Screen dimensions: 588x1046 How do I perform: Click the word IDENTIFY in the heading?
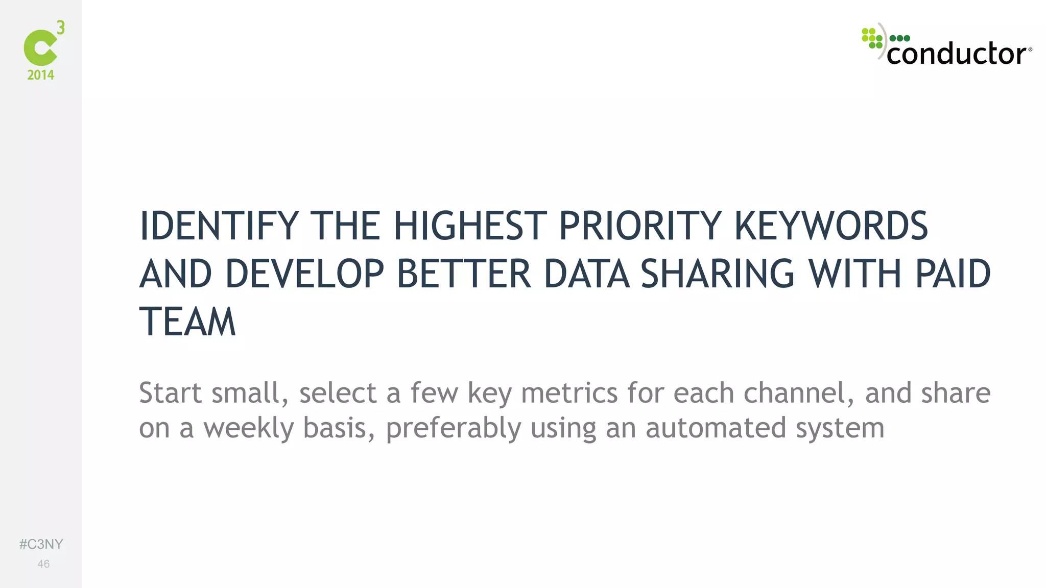coord(219,226)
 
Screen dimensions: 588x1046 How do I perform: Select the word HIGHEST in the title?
coord(470,226)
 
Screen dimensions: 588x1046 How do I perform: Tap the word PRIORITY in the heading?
coord(640,226)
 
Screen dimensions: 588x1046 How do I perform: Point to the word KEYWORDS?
coord(830,226)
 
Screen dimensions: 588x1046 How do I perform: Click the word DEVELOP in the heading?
coord(304,274)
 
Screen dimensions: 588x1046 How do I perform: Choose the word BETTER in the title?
coord(464,274)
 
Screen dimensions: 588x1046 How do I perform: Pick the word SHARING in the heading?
coord(718,274)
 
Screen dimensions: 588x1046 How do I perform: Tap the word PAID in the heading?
coord(953,274)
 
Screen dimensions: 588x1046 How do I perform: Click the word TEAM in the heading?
coord(187,322)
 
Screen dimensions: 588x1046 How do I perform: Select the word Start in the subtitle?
coord(170,393)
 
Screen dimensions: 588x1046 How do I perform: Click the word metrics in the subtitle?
coord(569,393)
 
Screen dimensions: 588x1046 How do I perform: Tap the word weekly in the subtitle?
coord(249,428)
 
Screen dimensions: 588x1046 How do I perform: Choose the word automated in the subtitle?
coord(715,428)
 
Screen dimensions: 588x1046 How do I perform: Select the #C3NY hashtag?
coord(41,544)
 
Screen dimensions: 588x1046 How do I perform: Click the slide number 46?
coord(43,564)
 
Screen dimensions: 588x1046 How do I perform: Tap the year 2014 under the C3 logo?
coord(41,75)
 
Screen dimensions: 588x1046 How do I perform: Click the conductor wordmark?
coord(958,54)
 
